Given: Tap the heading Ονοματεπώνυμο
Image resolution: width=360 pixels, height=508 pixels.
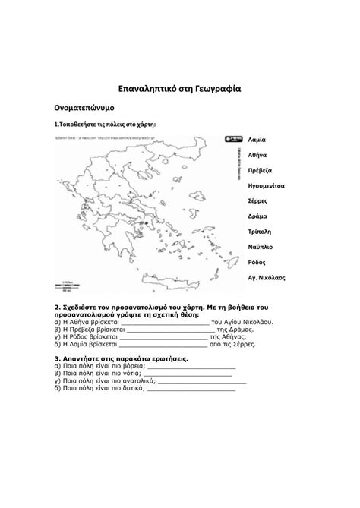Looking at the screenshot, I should coord(84,109).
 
